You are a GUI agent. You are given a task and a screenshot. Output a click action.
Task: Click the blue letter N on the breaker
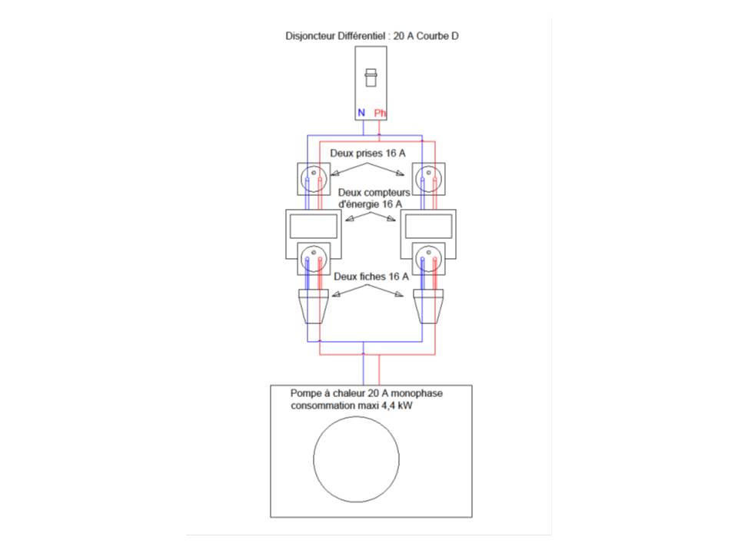[361, 113]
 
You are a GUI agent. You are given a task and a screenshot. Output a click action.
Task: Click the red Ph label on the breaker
[381, 113]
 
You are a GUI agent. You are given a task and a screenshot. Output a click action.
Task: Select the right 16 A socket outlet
[429, 179]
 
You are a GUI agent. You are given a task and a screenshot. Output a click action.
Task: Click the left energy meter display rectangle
[313, 226]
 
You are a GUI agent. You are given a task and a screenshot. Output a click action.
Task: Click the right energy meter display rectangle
[429, 226]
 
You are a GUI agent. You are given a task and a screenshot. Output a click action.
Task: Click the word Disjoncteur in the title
[308, 35]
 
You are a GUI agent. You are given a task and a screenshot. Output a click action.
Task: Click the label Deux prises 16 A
[367, 153]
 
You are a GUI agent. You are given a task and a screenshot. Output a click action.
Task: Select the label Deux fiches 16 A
[371, 276]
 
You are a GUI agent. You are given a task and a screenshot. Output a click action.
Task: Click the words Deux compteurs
[374, 193]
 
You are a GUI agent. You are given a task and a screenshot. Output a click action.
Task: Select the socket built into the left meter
[313, 259]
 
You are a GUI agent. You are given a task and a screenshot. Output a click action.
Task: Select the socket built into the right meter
[429, 259]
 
